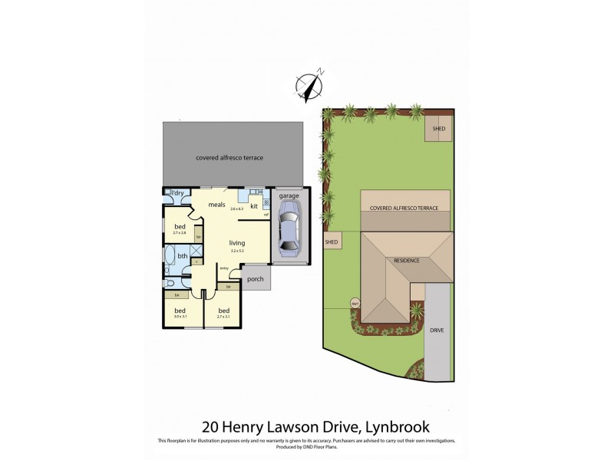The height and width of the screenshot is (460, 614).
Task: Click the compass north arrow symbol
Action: (x=311, y=87)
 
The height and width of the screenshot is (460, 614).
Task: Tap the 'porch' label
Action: (x=254, y=278)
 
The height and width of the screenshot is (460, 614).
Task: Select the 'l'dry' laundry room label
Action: (x=177, y=194)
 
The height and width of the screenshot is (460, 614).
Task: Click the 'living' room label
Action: (x=236, y=242)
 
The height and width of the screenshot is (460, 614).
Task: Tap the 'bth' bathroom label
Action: (x=183, y=256)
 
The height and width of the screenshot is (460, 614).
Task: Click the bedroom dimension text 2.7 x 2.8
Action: (x=180, y=235)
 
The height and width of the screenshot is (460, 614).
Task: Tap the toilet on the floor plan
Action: (x=169, y=281)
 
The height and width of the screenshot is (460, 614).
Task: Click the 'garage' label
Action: (x=289, y=196)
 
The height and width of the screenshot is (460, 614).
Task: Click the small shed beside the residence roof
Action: (x=332, y=242)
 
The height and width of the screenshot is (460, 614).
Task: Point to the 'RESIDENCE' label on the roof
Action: (x=407, y=261)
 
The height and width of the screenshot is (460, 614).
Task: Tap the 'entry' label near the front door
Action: (x=224, y=268)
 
